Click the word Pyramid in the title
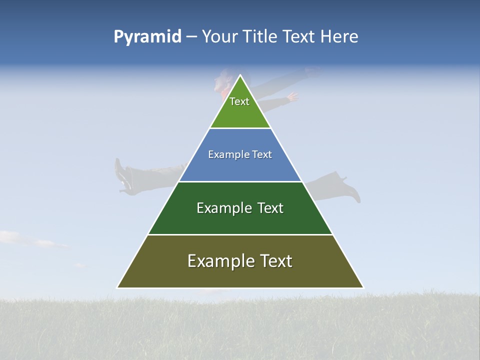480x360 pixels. [x=147, y=37]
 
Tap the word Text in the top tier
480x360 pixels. [x=239, y=101]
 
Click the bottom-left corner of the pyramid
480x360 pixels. [x=117, y=287]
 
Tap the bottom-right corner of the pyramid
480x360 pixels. [x=363, y=287]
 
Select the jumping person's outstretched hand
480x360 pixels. [x=292, y=97]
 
